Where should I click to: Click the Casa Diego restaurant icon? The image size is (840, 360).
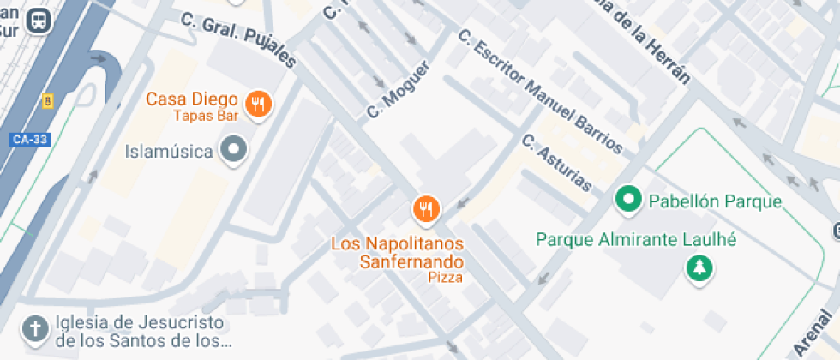(258, 105)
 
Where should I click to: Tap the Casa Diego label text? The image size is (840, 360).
(191, 99)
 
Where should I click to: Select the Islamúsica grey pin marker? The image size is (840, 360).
(233, 152)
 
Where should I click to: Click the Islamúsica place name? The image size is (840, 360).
(168, 152)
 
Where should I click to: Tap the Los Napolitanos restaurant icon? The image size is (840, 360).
(426, 208)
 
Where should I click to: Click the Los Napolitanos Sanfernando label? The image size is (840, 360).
(398, 252)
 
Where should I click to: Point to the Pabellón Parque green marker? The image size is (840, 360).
(630, 201)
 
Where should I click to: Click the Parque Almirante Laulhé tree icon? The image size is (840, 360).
(700, 269)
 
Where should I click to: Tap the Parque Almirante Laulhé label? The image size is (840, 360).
(636, 239)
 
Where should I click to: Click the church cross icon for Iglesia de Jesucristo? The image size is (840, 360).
(35, 329)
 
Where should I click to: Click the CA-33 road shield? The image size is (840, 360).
(30, 140)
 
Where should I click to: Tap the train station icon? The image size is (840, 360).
(39, 21)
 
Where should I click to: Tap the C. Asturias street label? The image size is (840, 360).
(556, 164)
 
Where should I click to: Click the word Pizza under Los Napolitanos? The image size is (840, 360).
(446, 278)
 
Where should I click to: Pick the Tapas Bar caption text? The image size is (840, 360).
(206, 116)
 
